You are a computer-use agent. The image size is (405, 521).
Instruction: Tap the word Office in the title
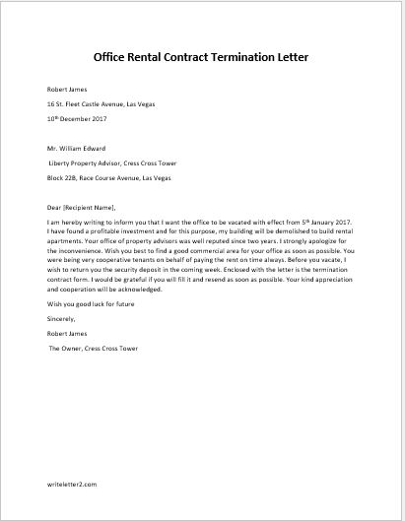pos(116,57)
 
